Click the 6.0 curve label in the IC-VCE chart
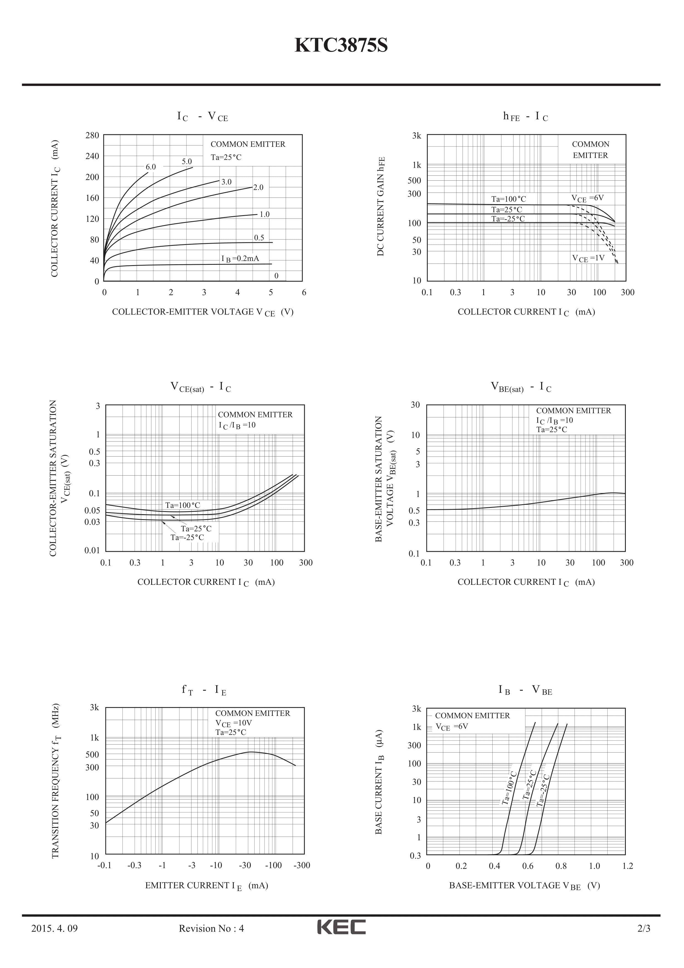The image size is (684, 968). (x=151, y=167)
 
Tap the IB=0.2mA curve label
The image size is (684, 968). (x=240, y=258)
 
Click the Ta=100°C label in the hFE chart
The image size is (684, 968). (x=509, y=199)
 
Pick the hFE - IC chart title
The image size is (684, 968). (x=525, y=116)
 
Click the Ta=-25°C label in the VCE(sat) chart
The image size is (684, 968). (x=187, y=538)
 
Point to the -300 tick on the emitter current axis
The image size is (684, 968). (x=301, y=866)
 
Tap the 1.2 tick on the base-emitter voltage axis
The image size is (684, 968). (x=627, y=866)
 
